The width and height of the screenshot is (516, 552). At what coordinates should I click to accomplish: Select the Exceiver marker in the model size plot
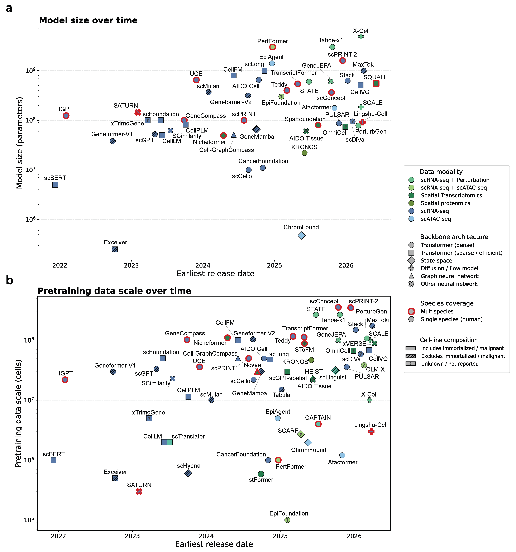pos(115,249)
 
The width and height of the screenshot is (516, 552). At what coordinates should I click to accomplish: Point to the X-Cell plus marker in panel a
pos(361,36)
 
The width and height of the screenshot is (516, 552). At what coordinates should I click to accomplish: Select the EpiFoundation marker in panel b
pos(287,520)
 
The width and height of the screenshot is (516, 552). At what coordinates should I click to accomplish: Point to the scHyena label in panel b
pos(189,466)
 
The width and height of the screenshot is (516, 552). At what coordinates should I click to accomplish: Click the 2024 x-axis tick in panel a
pos(203,265)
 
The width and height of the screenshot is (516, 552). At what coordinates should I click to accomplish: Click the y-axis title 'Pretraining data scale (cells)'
pos(18,414)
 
